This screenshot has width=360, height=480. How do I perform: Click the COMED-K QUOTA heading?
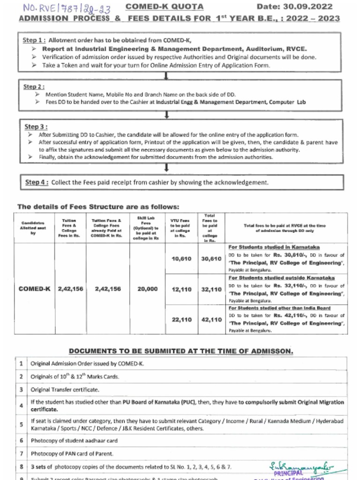[x=165, y=7]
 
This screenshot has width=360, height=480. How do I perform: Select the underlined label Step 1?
[x=34, y=40]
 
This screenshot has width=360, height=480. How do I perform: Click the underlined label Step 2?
[x=34, y=87]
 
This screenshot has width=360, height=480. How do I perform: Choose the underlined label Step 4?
[x=37, y=182]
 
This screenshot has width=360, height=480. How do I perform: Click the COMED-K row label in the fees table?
[x=34, y=289]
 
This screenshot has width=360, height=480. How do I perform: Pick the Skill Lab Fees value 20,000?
[x=148, y=289]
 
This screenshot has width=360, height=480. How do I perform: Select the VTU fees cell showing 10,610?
[x=182, y=259]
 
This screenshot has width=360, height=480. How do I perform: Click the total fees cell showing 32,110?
[x=211, y=290]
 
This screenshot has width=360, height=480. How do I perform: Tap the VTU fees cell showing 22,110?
[x=182, y=320]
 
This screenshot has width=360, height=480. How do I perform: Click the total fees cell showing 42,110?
[x=211, y=320]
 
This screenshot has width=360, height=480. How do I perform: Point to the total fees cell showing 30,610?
[x=211, y=259]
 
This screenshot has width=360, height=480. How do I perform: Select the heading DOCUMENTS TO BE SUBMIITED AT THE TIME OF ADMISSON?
[x=181, y=351]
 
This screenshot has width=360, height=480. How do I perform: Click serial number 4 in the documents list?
[x=22, y=405]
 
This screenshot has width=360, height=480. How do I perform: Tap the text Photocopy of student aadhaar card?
[x=74, y=441]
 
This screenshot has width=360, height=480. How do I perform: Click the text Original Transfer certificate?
[x=65, y=390]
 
